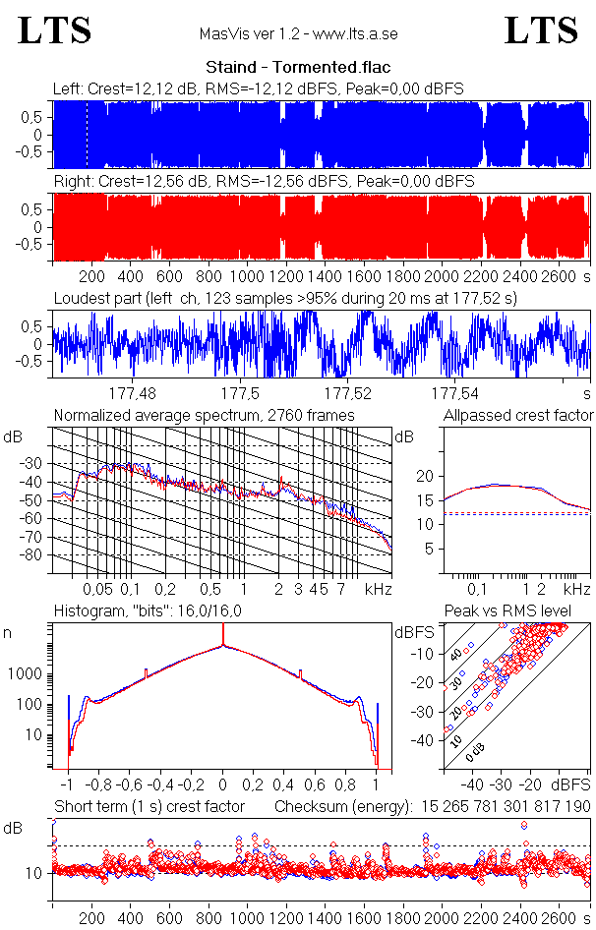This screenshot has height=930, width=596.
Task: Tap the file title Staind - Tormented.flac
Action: tap(297, 68)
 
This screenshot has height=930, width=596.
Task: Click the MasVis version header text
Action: tap(298, 34)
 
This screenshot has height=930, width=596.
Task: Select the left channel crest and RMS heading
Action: tap(258, 89)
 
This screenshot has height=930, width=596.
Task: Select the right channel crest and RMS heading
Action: tap(264, 182)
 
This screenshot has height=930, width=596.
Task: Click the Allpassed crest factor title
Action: tap(518, 415)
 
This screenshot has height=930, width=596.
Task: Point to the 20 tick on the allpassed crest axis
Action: tap(426, 476)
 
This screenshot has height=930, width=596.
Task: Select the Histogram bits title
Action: tap(144, 611)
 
